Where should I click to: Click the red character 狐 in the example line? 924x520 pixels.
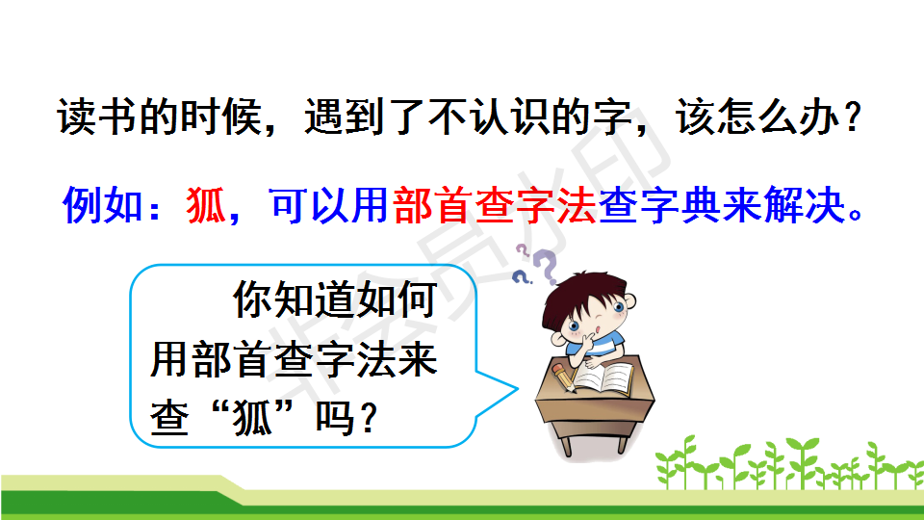tap(206, 205)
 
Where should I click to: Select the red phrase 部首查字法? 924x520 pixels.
tap(495, 205)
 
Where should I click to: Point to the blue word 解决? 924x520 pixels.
tap(805, 205)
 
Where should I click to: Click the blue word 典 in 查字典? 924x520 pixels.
tap(702, 205)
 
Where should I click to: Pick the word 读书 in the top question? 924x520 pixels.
tap(97, 117)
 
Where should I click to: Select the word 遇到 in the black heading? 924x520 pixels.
tap(345, 117)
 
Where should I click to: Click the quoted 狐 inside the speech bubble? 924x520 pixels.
tap(252, 418)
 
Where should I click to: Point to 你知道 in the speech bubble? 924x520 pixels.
tap(295, 299)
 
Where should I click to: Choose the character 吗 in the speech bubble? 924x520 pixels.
tap(335, 418)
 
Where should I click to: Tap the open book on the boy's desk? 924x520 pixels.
tap(603, 377)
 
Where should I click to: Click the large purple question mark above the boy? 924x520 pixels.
tap(546, 266)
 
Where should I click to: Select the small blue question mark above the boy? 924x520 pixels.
tap(521, 277)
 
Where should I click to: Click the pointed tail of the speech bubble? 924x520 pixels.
tap(516, 389)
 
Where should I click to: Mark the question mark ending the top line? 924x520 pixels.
tap(852, 117)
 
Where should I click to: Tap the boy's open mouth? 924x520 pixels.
tap(597, 329)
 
